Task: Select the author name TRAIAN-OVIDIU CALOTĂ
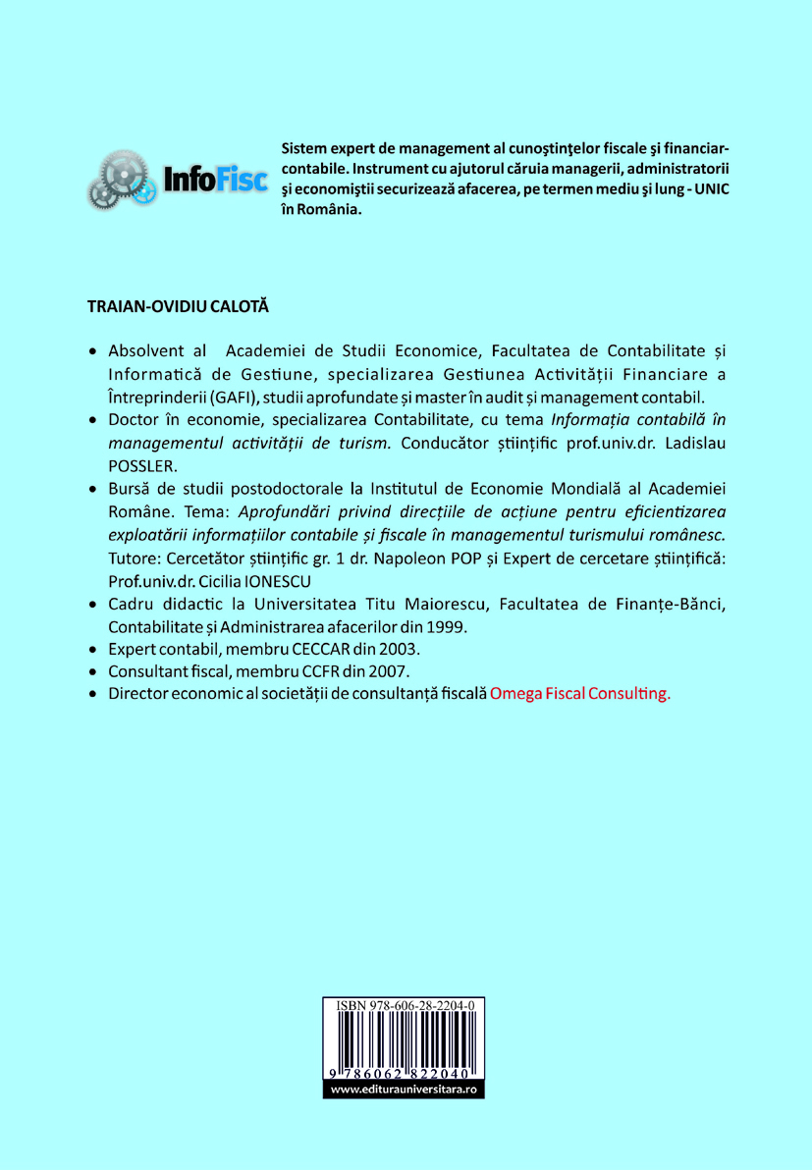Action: pos(178,307)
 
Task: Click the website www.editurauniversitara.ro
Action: pos(404,1090)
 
